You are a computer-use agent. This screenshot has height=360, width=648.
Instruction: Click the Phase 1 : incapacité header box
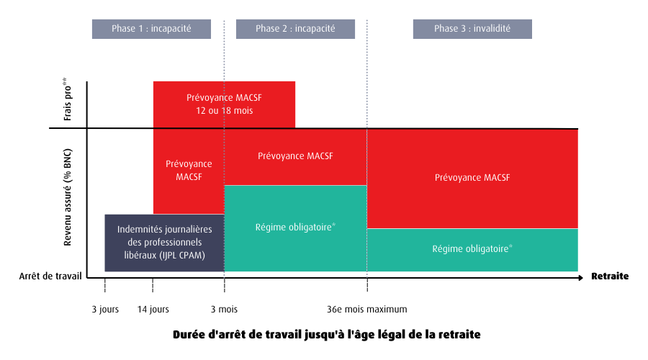pos(151,29)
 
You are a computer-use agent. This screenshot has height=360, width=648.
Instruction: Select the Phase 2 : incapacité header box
pos(295,29)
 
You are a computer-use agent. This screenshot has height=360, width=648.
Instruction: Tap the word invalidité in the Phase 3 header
pos(492,29)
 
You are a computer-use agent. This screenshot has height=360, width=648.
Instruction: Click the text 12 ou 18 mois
pos(225,111)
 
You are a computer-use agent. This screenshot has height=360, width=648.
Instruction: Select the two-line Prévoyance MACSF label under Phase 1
pos(189,171)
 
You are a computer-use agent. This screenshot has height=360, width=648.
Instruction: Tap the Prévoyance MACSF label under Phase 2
pos(295,156)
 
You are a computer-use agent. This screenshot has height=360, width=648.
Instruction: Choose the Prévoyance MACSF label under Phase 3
pos(472,177)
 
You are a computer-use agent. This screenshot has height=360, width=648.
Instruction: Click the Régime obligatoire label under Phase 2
pos(294,228)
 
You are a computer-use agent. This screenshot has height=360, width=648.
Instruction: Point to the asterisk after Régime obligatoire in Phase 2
pos(334,225)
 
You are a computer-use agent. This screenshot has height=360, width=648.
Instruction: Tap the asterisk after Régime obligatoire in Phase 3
pos(510,247)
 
